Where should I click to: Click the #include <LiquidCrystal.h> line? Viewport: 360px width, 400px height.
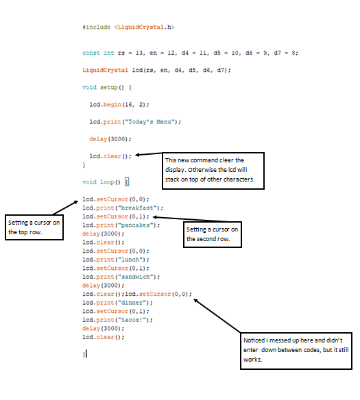click(128, 27)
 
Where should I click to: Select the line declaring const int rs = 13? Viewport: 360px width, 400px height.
click(190, 53)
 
